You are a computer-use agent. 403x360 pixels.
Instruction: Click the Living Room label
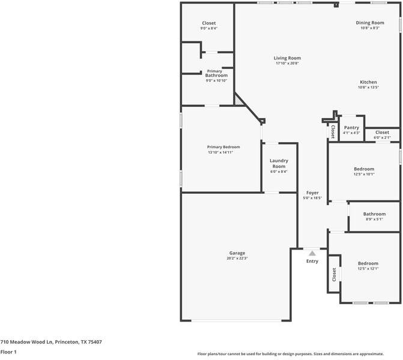pyautogui.click(x=287, y=58)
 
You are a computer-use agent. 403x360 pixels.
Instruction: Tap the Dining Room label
pyautogui.click(x=370, y=23)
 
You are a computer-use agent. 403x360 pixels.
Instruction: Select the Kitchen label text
pyautogui.click(x=368, y=82)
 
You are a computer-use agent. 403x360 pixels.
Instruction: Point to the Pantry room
pyautogui.click(x=351, y=129)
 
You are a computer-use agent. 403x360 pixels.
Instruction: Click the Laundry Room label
pyautogui.click(x=279, y=163)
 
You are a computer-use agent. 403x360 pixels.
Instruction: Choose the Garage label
pyautogui.click(x=237, y=253)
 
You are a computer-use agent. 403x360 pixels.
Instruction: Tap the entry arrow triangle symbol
pyautogui.click(x=312, y=254)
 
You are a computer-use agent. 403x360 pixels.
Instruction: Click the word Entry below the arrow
pyautogui.click(x=312, y=261)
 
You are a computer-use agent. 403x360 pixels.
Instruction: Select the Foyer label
pyautogui.click(x=312, y=193)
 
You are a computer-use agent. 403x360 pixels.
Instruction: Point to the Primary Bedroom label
pyautogui.click(x=223, y=147)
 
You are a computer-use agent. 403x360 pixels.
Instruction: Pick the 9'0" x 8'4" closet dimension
pyautogui.click(x=208, y=28)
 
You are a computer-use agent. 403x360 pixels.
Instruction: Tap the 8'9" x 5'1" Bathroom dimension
pyautogui.click(x=374, y=219)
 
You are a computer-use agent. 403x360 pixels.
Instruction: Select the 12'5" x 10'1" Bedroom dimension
pyautogui.click(x=364, y=175)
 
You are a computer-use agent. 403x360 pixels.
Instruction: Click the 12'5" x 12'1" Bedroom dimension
pyautogui.click(x=368, y=269)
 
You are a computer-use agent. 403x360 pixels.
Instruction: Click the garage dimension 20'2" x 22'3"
pyautogui.click(x=237, y=259)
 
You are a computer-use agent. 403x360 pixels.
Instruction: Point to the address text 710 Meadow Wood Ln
pyautogui.click(x=51, y=342)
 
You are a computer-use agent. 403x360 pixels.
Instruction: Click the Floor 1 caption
pyautogui.click(x=8, y=352)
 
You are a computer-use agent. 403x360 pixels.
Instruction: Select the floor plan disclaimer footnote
pyautogui.click(x=291, y=354)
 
